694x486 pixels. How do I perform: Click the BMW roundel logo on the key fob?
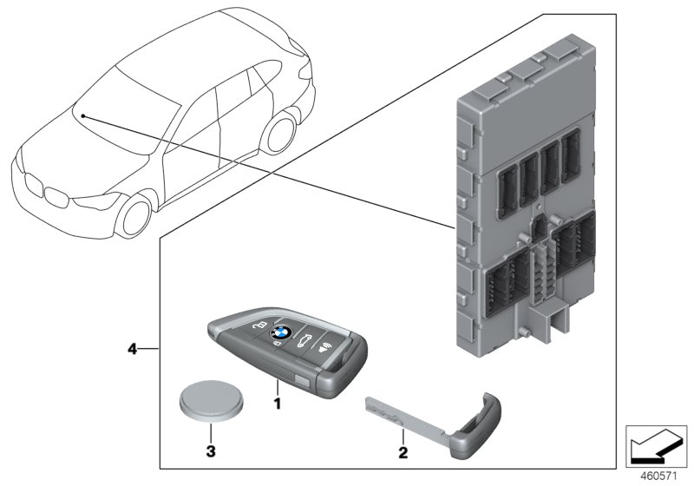[x=279, y=332]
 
